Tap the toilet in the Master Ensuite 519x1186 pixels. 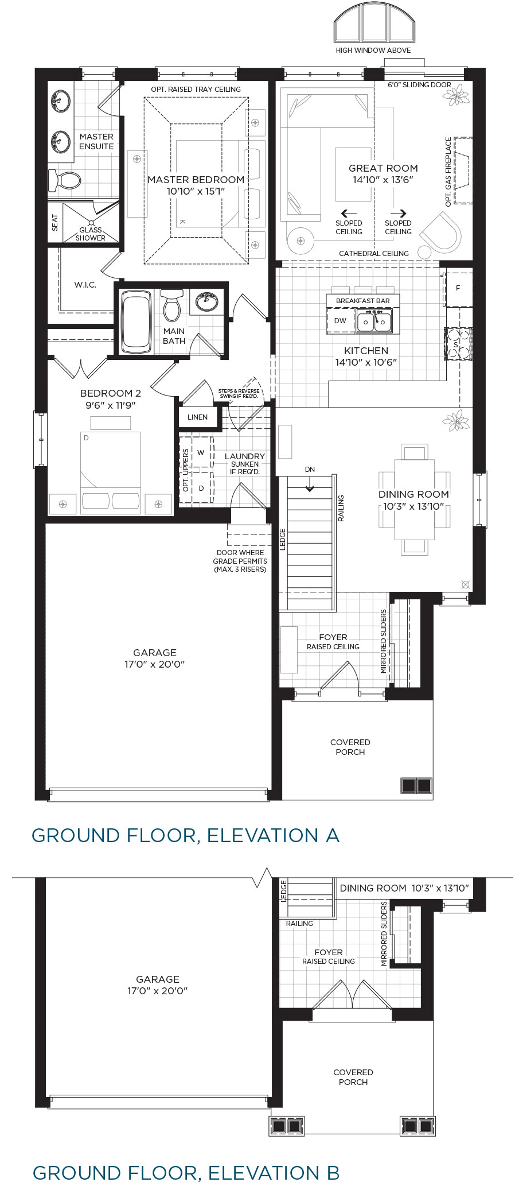pyautogui.click(x=65, y=180)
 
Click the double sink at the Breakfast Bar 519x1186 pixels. pyautogui.click(x=374, y=321)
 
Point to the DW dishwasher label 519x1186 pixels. pyautogui.click(x=340, y=320)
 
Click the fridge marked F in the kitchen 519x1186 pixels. pyautogui.click(x=458, y=288)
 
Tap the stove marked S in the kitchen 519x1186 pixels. pyautogui.click(x=458, y=344)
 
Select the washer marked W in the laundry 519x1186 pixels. pyautogui.click(x=201, y=452)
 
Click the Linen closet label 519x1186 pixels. pyautogui.click(x=197, y=417)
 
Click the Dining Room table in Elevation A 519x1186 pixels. pyautogui.click(x=414, y=499)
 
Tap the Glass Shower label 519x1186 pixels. pyautogui.click(x=91, y=234)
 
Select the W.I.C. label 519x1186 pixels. pyautogui.click(x=85, y=285)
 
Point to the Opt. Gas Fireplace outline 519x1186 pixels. pyautogui.click(x=463, y=170)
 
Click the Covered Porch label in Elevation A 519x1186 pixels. pyautogui.click(x=350, y=747)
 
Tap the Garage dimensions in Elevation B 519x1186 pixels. pyautogui.click(x=158, y=990)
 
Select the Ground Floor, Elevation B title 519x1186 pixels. pyautogui.click(x=186, y=1172)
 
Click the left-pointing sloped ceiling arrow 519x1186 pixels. pyautogui.click(x=349, y=213)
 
